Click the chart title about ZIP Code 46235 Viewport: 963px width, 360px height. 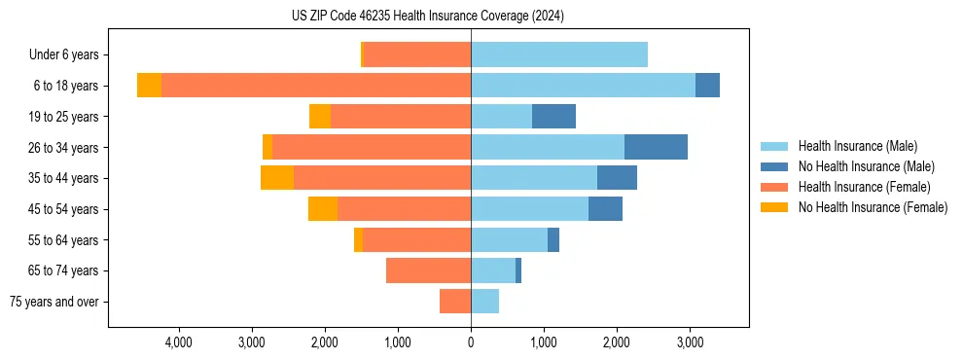click(x=427, y=16)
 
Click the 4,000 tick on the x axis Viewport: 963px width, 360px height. click(x=178, y=342)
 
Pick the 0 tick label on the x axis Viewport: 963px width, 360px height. click(x=471, y=342)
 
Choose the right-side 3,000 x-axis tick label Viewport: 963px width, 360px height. click(x=690, y=342)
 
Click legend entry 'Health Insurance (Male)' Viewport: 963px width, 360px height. click(x=857, y=146)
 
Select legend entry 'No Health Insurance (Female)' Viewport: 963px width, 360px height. click(x=873, y=207)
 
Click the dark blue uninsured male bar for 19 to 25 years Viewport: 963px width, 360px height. click(x=553, y=117)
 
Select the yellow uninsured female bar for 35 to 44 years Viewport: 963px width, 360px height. click(x=277, y=178)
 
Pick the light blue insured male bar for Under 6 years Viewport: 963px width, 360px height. click(x=559, y=55)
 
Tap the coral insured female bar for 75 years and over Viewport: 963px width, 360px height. click(x=455, y=302)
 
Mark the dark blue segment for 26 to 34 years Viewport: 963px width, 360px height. click(x=656, y=148)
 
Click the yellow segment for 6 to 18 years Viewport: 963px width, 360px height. click(x=149, y=86)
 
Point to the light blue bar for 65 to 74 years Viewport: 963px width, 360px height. click(x=493, y=270)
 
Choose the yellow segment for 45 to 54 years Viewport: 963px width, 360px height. click(x=323, y=209)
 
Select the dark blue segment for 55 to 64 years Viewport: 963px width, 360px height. click(x=553, y=240)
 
